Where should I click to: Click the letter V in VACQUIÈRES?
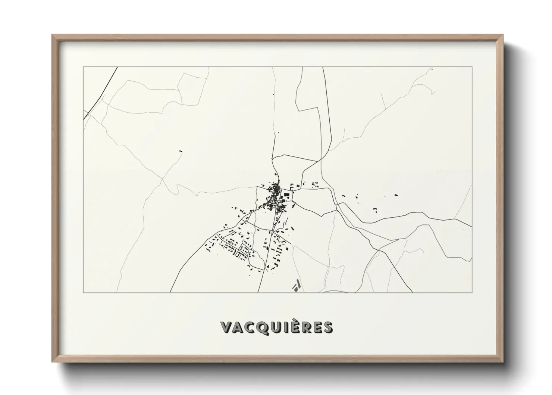(x=227, y=327)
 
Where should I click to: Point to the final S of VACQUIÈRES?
(x=327, y=327)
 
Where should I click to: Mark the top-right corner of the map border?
(x=472, y=67)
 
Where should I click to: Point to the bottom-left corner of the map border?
(x=83, y=292)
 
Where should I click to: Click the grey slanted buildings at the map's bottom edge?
(x=297, y=286)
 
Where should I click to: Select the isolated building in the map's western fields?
(x=181, y=151)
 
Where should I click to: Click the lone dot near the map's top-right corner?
(x=432, y=69)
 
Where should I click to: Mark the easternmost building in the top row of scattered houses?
(x=396, y=195)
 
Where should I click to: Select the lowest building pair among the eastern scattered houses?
(x=376, y=210)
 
